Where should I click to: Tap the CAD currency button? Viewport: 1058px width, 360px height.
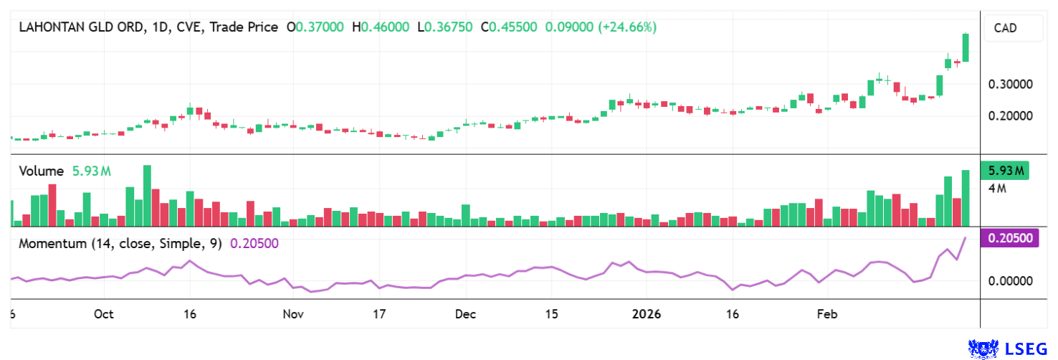(x=1005, y=29)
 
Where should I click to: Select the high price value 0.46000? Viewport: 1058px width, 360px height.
(x=385, y=27)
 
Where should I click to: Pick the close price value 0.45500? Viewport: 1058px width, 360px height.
(x=513, y=27)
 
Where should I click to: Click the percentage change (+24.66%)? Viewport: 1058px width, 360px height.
(x=626, y=27)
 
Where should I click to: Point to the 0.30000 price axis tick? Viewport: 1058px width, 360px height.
(x=1011, y=84)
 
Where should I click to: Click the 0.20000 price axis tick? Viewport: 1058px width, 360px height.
(x=1011, y=115)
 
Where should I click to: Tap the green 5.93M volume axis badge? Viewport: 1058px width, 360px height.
(x=1004, y=171)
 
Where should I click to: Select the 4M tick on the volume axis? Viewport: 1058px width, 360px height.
(x=998, y=189)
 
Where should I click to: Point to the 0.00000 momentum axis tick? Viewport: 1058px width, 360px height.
(x=1011, y=281)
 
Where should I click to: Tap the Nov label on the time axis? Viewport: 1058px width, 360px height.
(x=293, y=314)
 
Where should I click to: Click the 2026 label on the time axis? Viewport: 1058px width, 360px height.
(x=647, y=314)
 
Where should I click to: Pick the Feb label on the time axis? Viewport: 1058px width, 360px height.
(x=827, y=314)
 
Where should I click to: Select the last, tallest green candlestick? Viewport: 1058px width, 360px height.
(x=966, y=47)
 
